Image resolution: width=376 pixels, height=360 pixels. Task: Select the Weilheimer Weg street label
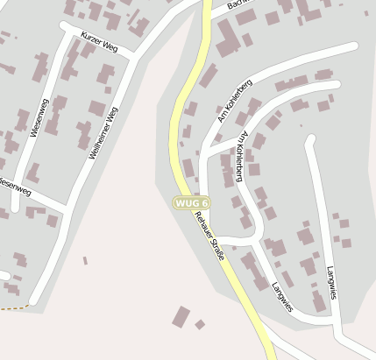[102, 131]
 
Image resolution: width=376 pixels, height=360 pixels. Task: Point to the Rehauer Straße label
[210, 236]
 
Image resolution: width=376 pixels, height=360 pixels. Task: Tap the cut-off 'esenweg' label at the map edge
[15, 186]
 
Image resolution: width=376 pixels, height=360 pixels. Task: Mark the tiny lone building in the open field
[85, 260]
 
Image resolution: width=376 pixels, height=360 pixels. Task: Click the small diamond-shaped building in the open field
[200, 324]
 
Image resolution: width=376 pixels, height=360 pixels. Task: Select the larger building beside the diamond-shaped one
[181, 317]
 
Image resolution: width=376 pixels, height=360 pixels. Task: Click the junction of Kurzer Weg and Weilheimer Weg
[134, 57]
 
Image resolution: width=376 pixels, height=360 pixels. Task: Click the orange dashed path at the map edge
[11, 308]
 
